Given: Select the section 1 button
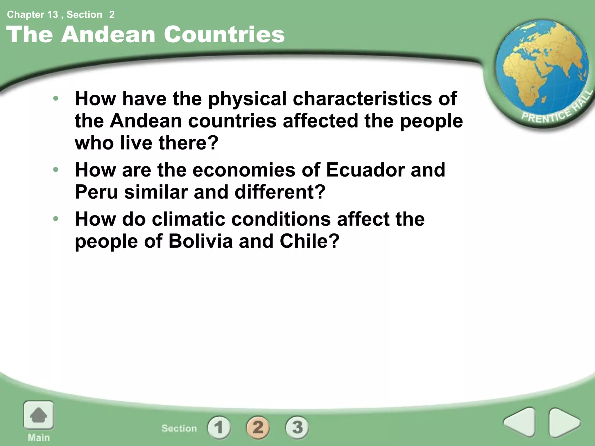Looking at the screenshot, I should (219, 427).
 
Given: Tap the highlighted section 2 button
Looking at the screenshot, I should (258, 427).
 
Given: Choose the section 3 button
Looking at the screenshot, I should (297, 427).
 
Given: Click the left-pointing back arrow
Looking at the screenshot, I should (520, 422).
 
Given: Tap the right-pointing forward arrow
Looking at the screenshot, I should (564, 422).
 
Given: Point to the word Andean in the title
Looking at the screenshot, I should (108, 35).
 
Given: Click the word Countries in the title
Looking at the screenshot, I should (224, 35).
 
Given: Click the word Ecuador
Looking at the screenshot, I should (365, 170).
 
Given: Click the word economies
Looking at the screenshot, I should (244, 170).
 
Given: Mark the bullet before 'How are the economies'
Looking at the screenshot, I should (56, 169).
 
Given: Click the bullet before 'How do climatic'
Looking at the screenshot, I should (56, 218).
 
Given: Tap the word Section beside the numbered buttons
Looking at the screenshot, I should (179, 428).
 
